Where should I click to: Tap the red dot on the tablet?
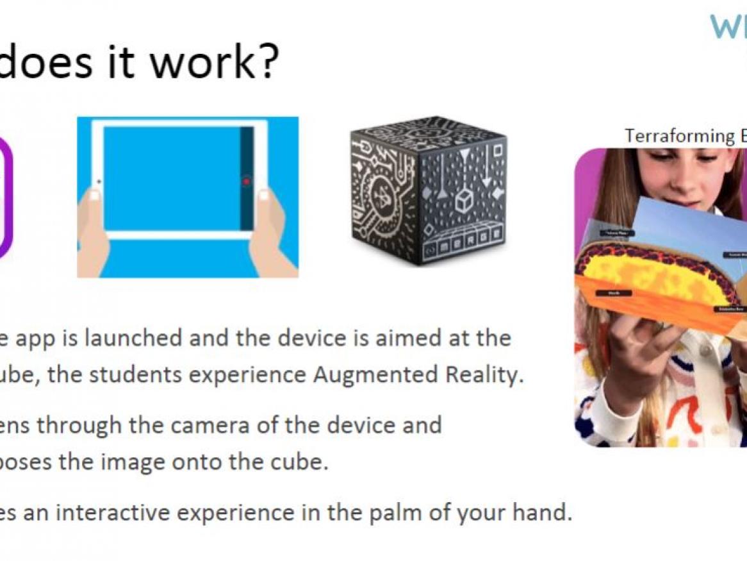tap(247, 181)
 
